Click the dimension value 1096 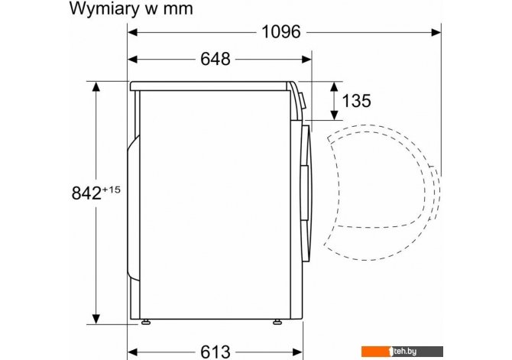[280, 31]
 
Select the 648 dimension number [215, 59]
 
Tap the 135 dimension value [356, 101]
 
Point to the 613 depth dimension [215, 352]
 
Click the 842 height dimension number [86, 193]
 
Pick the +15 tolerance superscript [112, 189]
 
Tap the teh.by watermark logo [402, 352]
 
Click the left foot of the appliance [146, 322]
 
